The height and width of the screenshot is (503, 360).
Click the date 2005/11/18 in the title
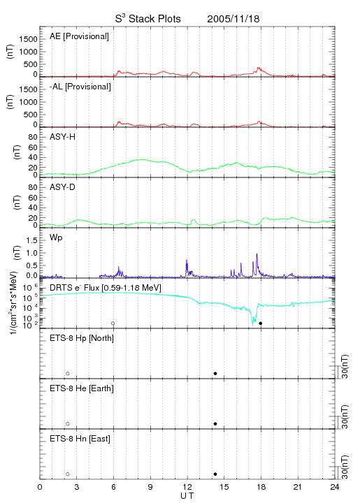[x=233, y=19]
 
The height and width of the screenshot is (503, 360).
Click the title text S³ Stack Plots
[x=148, y=19]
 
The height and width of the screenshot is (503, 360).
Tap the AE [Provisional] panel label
[x=79, y=36]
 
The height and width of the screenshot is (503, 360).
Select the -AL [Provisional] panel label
[x=80, y=87]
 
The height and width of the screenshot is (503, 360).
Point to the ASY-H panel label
[x=63, y=137]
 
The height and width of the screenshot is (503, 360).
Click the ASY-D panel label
[x=63, y=187]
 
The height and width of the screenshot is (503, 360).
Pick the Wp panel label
[x=56, y=238]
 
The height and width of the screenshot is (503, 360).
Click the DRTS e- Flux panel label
[x=106, y=288]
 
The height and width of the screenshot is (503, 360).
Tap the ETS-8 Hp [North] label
[x=82, y=338]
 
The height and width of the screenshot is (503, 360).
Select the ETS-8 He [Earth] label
[x=82, y=388]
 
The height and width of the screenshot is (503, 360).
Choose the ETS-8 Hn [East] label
[x=80, y=439]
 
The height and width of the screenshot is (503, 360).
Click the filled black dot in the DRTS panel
[x=261, y=323]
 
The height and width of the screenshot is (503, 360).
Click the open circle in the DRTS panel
[x=113, y=323]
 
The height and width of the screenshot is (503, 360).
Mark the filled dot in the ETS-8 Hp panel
[x=215, y=373]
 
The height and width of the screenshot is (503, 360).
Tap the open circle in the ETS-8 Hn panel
[x=68, y=474]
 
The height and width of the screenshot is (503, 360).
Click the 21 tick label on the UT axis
[x=298, y=487]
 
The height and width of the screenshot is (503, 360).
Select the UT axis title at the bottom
[x=187, y=496]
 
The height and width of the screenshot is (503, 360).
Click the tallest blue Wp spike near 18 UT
[x=257, y=254]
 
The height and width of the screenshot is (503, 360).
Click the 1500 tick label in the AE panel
[x=29, y=39]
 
